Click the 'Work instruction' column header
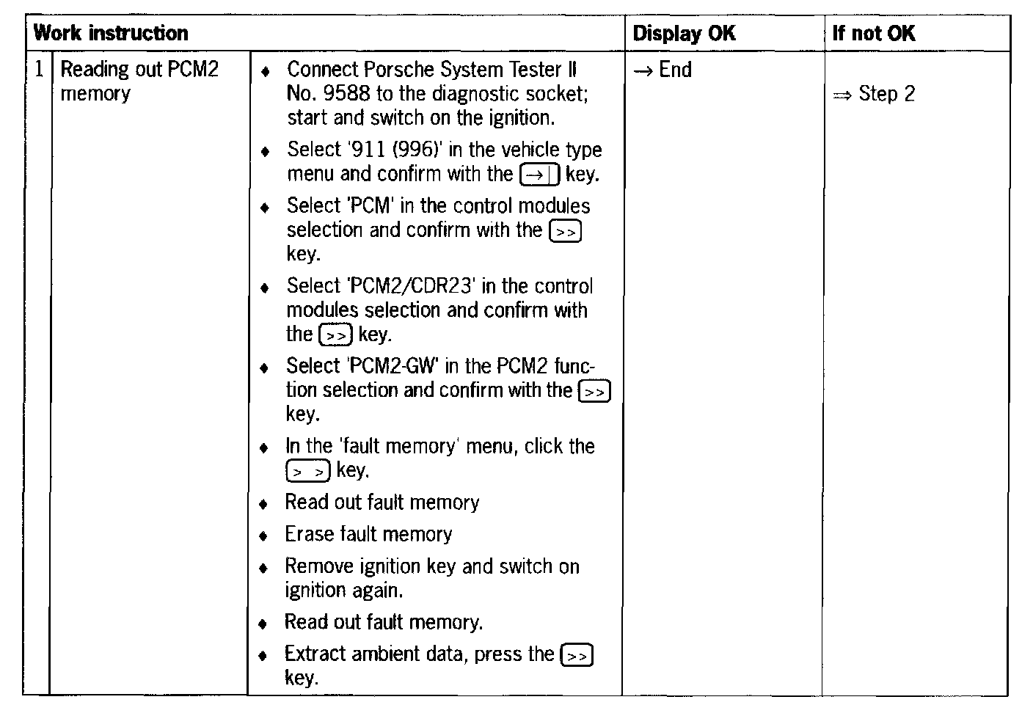click(x=111, y=33)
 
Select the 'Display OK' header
click(x=683, y=33)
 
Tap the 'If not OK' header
click(x=873, y=33)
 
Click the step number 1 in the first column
click(x=39, y=70)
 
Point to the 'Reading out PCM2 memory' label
click(x=139, y=81)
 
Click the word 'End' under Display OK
click(x=675, y=70)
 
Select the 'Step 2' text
click(x=886, y=94)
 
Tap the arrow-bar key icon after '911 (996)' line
click(x=539, y=175)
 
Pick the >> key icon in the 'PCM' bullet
click(x=565, y=232)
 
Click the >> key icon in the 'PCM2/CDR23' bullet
click(x=336, y=335)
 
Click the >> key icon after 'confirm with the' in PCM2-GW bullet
click(x=594, y=392)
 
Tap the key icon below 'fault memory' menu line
click(x=308, y=472)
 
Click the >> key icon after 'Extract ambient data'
click(x=576, y=655)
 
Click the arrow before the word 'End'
click(x=643, y=71)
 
